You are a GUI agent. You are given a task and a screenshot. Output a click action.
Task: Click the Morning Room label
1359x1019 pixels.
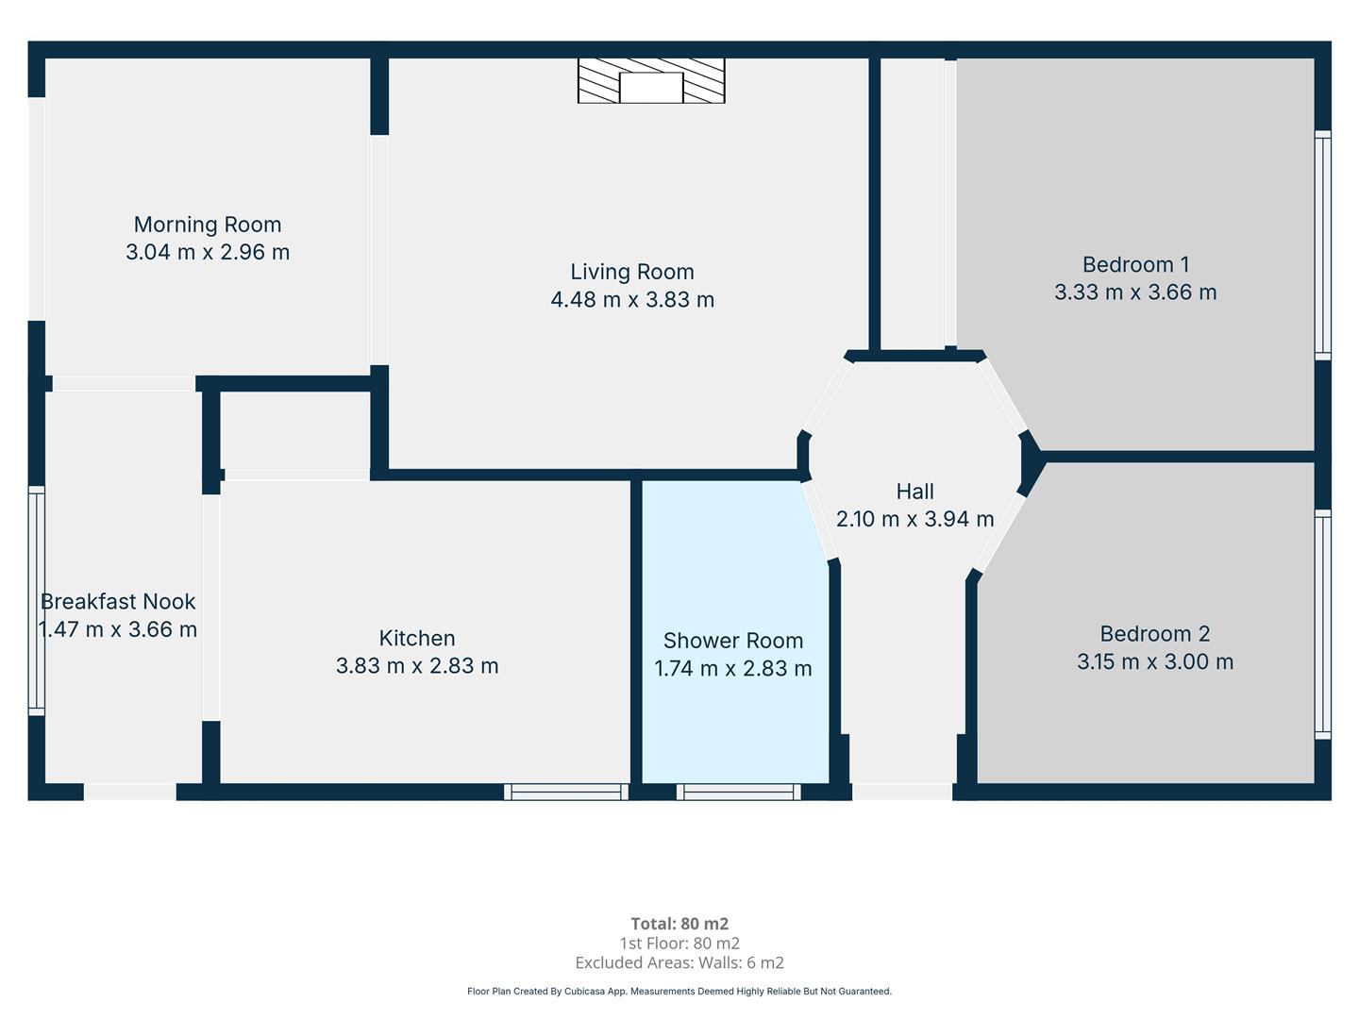point(208,224)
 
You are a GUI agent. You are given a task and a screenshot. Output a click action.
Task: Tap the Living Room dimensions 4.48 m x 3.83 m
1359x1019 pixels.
point(632,299)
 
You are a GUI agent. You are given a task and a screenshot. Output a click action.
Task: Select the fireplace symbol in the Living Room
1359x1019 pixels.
point(650,80)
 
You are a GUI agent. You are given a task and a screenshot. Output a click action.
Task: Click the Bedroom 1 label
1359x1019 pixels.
point(1135,264)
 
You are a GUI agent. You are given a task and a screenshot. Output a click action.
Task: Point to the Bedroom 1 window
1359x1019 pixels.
point(1322,245)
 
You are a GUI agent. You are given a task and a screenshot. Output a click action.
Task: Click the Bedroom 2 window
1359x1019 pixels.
point(1322,625)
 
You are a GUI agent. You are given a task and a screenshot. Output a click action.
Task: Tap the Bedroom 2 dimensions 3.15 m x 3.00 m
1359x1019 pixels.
point(1155,661)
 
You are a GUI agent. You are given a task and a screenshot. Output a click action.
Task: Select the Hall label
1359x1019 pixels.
point(914,492)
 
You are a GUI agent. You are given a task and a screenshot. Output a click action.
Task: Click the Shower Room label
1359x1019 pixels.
point(733,641)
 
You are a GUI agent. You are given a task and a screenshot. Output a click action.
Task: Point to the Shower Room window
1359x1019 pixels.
point(739,792)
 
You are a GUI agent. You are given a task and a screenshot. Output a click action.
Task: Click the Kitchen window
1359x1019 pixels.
point(566,792)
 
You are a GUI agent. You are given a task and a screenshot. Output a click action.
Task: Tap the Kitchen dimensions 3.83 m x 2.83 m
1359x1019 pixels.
point(417,666)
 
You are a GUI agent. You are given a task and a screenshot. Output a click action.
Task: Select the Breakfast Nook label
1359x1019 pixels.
point(118,601)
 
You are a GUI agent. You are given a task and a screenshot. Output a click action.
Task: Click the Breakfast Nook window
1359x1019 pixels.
point(37,601)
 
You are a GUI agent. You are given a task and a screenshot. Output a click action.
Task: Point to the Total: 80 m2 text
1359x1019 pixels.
point(679,924)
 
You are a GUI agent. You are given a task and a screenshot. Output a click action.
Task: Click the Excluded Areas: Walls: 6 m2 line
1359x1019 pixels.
point(679,962)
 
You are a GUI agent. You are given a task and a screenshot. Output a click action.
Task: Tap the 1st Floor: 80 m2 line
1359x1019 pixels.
point(679,944)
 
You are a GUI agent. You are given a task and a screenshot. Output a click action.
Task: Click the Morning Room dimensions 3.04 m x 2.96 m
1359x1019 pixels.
point(208,252)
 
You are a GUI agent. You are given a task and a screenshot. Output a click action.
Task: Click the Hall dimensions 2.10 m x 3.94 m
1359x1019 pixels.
point(914,519)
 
